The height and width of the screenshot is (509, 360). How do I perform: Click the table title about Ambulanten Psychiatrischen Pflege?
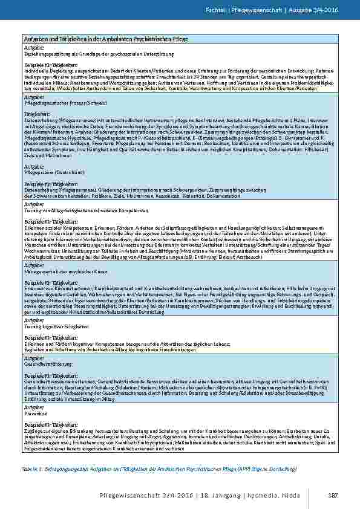106,39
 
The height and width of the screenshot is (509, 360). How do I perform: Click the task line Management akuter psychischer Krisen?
61,273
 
